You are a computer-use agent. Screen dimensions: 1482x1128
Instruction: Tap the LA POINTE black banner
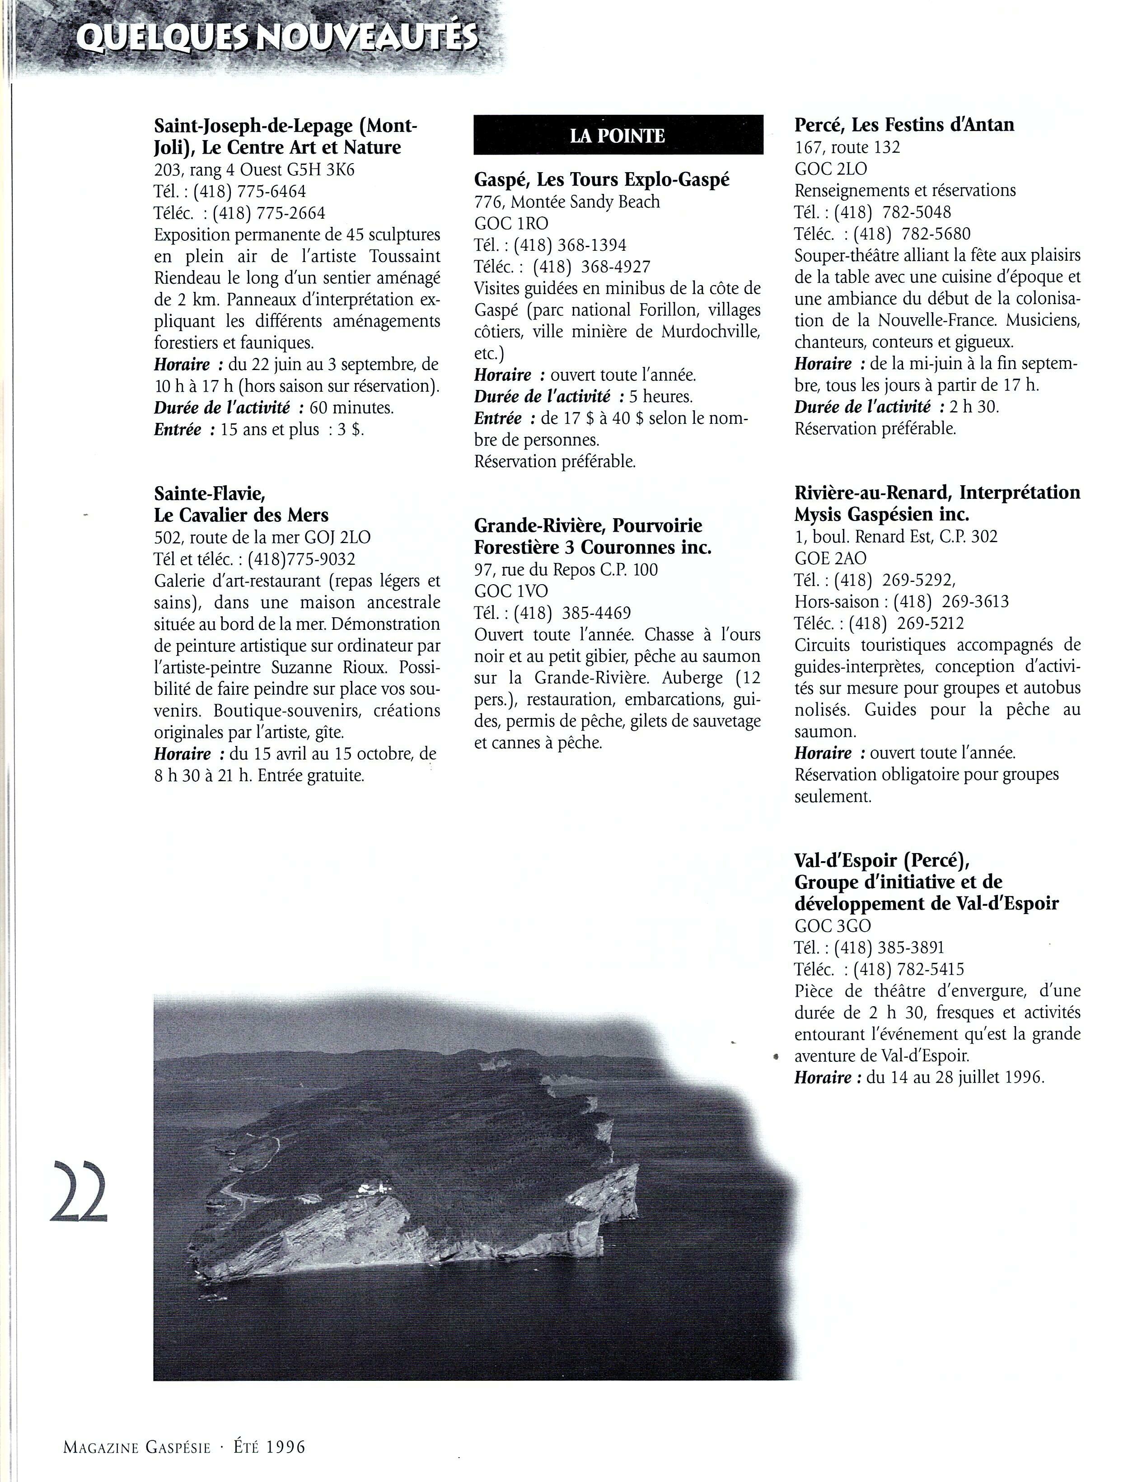[x=618, y=136]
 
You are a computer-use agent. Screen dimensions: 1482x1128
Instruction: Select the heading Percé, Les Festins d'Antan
[x=904, y=125]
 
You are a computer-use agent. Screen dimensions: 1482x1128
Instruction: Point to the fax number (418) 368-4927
[x=591, y=267]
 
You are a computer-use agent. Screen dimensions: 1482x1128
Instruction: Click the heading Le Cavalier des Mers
[x=241, y=515]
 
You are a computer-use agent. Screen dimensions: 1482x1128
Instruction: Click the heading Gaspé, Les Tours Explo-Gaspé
[x=602, y=179]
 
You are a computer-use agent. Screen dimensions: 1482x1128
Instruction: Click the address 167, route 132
[x=847, y=147]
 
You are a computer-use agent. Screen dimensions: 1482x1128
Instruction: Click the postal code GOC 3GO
[x=833, y=926]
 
